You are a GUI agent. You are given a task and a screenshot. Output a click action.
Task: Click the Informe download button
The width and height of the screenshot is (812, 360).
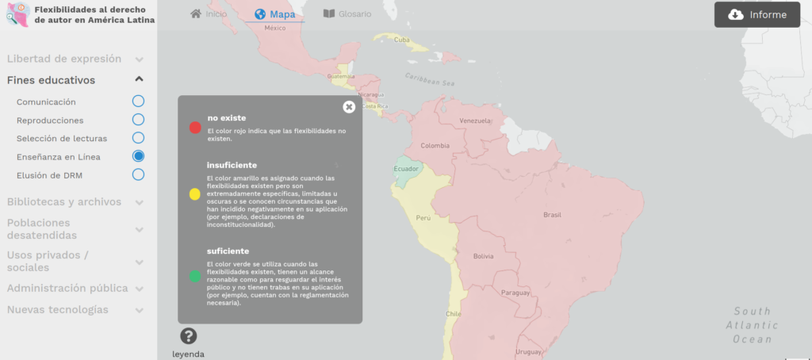(x=756, y=14)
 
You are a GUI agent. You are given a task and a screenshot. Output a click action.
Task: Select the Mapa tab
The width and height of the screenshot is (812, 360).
(x=274, y=14)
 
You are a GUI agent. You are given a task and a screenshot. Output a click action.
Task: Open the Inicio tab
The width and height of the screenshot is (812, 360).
(x=209, y=14)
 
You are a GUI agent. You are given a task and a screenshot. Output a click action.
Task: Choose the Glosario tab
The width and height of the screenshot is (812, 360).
(x=347, y=14)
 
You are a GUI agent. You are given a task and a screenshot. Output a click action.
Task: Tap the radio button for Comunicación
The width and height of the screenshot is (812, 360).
(x=138, y=101)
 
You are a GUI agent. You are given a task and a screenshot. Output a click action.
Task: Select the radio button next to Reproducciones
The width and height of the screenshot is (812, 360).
(x=138, y=120)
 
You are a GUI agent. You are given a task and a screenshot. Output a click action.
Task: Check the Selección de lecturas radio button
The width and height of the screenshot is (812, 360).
(x=138, y=138)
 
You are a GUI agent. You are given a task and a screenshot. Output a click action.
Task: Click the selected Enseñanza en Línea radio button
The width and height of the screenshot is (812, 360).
(x=138, y=156)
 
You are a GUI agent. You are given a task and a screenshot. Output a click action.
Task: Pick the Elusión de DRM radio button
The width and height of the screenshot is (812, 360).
(x=138, y=174)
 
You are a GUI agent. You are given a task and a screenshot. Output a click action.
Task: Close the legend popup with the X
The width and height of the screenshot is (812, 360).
(x=349, y=107)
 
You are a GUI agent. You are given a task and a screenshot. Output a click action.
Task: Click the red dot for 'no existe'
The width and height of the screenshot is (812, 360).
(x=195, y=127)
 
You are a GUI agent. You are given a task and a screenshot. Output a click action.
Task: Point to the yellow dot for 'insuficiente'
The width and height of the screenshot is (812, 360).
(x=195, y=194)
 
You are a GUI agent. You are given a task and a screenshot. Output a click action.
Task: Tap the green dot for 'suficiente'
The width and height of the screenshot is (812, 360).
(x=195, y=277)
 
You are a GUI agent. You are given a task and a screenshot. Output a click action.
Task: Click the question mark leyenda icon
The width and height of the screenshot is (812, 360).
(x=188, y=336)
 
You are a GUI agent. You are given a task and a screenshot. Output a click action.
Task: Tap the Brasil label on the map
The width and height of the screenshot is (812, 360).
(x=551, y=215)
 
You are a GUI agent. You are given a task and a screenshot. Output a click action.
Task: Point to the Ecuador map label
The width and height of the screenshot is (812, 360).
(x=407, y=169)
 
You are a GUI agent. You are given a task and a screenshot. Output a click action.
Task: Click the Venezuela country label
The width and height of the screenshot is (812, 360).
(x=477, y=121)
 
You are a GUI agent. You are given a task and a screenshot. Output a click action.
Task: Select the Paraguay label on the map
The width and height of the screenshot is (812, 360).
(x=515, y=293)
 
